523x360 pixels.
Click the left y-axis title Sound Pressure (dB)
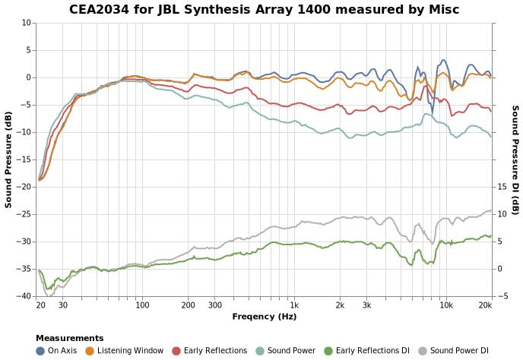(x=8, y=159)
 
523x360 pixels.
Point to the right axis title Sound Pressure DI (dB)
(x=515, y=159)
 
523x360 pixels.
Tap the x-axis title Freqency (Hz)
(x=264, y=317)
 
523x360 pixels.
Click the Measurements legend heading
(x=69, y=338)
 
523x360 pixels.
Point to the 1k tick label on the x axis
(x=294, y=305)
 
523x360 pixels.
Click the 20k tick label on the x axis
(x=485, y=305)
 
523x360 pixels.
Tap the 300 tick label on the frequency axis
(x=214, y=305)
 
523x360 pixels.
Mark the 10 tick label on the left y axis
(x=27, y=23)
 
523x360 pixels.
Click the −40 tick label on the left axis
(x=24, y=296)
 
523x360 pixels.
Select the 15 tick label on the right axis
(x=501, y=187)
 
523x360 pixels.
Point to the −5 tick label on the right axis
(x=501, y=296)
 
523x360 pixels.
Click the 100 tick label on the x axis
(x=142, y=305)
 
